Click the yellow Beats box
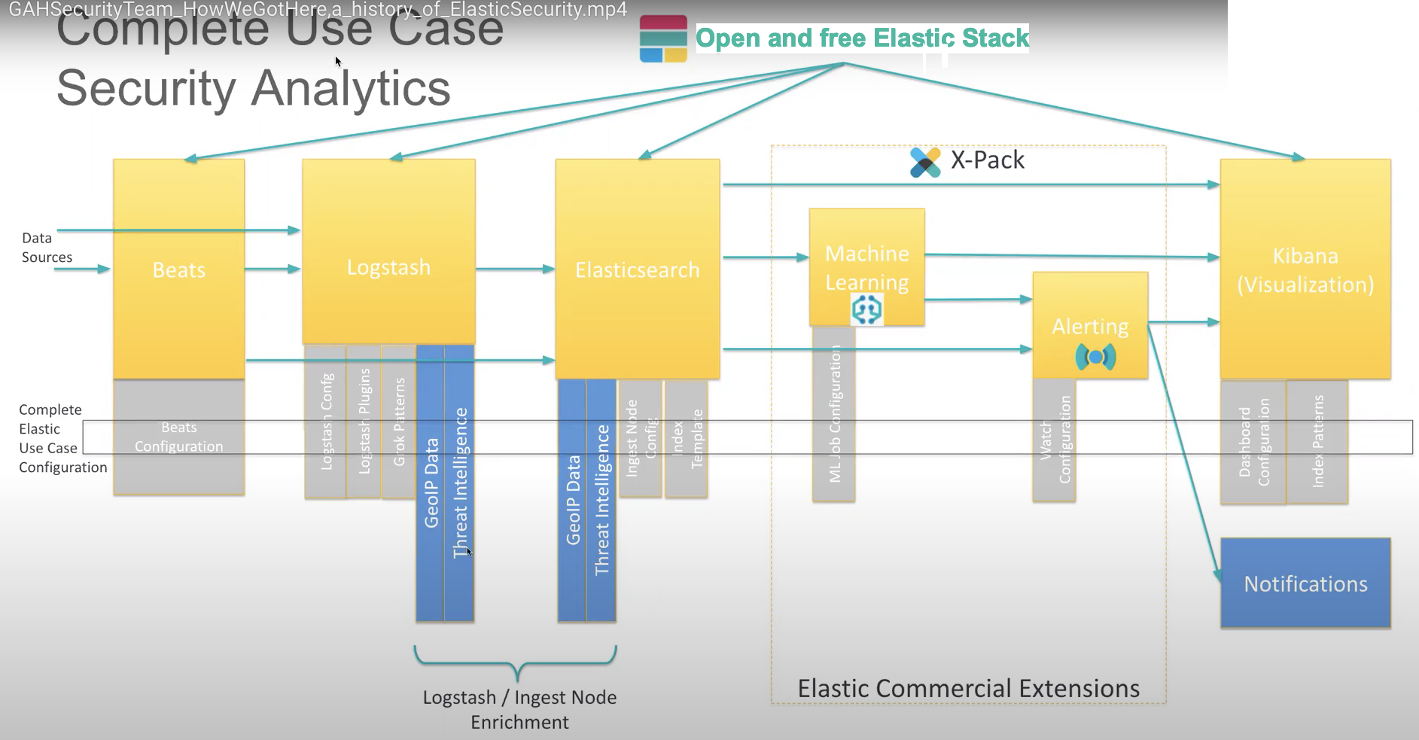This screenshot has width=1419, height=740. pos(178,269)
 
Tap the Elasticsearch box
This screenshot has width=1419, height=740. pos(637,269)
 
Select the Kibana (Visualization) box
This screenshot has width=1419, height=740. pos(1305,269)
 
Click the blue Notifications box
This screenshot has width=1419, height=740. pos(1305,583)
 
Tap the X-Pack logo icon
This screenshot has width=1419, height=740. pos(924,161)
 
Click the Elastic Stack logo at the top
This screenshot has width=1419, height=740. pos(662,38)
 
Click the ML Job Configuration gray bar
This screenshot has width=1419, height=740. pos(833,414)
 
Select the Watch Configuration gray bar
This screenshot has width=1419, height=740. pos(1054,440)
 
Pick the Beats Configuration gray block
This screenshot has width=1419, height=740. pos(178,437)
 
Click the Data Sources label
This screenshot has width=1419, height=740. pos(47,247)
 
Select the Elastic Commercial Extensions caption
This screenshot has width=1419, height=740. pos(968,688)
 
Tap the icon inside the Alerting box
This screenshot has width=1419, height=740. pos(1095,356)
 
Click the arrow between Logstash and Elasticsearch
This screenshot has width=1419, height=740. pos(514,269)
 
